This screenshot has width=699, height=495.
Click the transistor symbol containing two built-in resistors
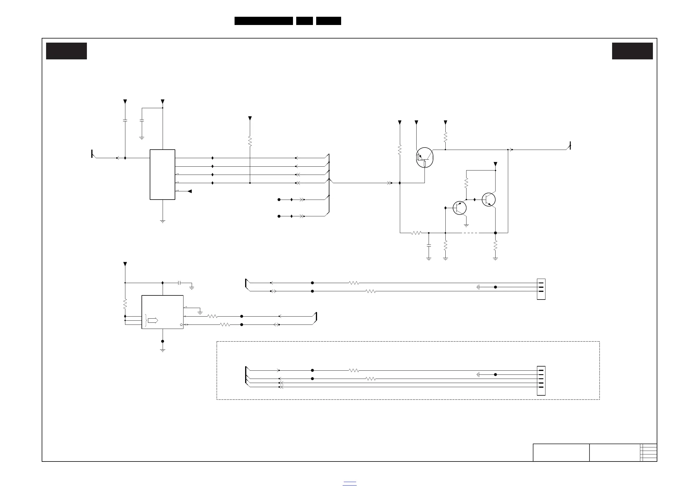pyautogui.click(x=425, y=158)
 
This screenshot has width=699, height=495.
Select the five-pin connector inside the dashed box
pyautogui.click(x=541, y=380)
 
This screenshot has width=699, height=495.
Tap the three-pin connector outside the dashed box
pyautogui.click(x=541, y=289)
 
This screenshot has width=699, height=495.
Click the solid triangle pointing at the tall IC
pyautogui.click(x=190, y=191)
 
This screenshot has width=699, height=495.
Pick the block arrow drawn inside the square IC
pyautogui.click(x=153, y=320)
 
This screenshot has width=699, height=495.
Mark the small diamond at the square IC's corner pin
pyautogui.click(x=181, y=325)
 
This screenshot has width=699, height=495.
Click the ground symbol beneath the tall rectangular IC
pyautogui.click(x=163, y=221)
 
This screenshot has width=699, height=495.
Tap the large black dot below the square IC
pyautogui.click(x=163, y=341)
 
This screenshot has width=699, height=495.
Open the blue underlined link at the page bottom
pyautogui.click(x=349, y=484)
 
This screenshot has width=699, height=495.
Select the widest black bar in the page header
pyautogui.click(x=264, y=21)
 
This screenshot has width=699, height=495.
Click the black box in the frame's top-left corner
pyautogui.click(x=66, y=51)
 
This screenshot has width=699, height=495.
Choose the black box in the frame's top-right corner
pyautogui.click(x=632, y=51)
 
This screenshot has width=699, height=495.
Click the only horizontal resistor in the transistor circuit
pyautogui.click(x=416, y=233)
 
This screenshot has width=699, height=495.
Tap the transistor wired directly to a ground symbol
pyautogui.click(x=459, y=208)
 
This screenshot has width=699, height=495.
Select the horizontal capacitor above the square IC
pyautogui.click(x=179, y=283)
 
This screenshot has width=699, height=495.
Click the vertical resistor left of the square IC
pyautogui.click(x=125, y=304)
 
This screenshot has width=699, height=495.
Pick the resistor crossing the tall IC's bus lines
pyautogui.click(x=250, y=141)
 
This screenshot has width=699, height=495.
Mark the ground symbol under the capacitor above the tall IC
pyautogui.click(x=142, y=138)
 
